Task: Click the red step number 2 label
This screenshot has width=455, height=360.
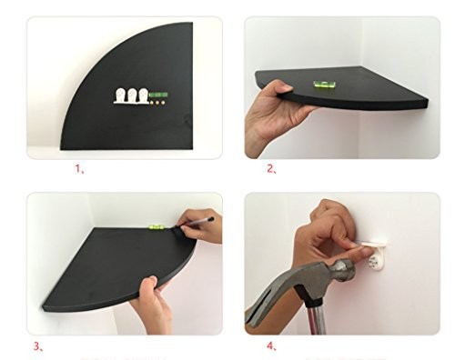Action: [x=271, y=169]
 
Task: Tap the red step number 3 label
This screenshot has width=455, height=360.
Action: [x=38, y=346]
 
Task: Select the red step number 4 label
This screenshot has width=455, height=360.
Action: [x=271, y=345]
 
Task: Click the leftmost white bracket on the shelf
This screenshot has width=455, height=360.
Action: [x=120, y=95]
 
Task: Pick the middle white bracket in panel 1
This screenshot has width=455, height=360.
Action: [x=132, y=95]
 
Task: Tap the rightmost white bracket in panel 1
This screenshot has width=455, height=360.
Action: [x=143, y=95]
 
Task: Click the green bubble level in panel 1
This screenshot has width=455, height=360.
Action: [x=159, y=95]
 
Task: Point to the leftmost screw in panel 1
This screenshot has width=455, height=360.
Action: [x=152, y=103]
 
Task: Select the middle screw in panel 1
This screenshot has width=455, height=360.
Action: [x=157, y=103]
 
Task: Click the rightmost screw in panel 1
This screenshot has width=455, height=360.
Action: [x=163, y=103]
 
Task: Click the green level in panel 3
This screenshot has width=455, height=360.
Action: [x=157, y=226]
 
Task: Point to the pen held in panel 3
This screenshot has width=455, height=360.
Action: [x=197, y=222]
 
